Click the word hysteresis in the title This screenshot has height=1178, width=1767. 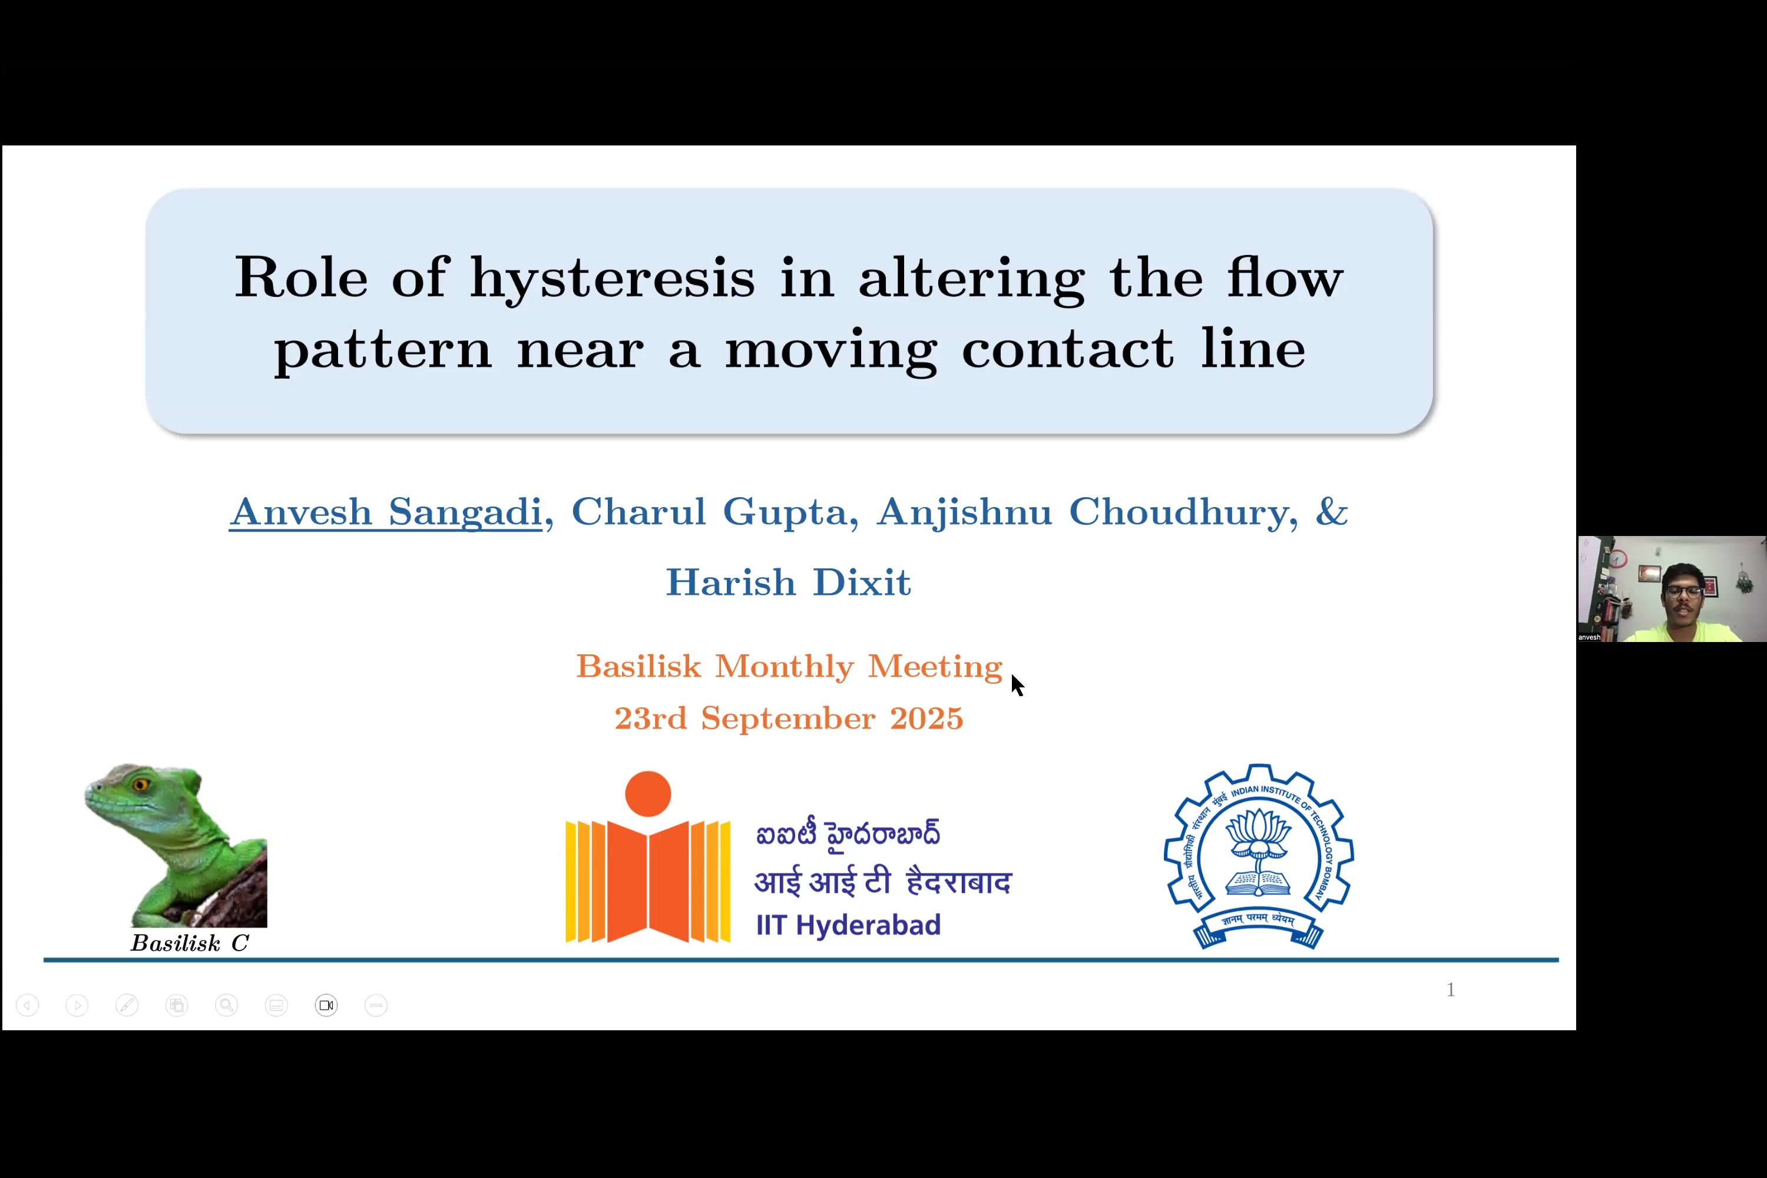[613, 279]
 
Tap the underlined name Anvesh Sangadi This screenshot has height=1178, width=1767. [385, 512]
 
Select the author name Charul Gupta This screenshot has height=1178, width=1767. [709, 513]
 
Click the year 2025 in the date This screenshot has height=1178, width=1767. [926, 718]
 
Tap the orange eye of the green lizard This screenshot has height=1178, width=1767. [140, 785]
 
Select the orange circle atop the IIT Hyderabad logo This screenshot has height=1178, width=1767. [647, 793]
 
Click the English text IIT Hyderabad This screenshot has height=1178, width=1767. [848, 925]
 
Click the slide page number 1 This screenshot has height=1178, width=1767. [1451, 990]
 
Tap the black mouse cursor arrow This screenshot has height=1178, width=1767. [1017, 685]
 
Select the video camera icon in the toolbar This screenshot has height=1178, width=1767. [326, 1005]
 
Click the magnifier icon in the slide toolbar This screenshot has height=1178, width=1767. [226, 1005]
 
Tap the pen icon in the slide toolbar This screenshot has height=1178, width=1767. [127, 1005]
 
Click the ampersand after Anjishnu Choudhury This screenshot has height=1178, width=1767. [1332, 512]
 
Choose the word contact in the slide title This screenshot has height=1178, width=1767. [1067, 350]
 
